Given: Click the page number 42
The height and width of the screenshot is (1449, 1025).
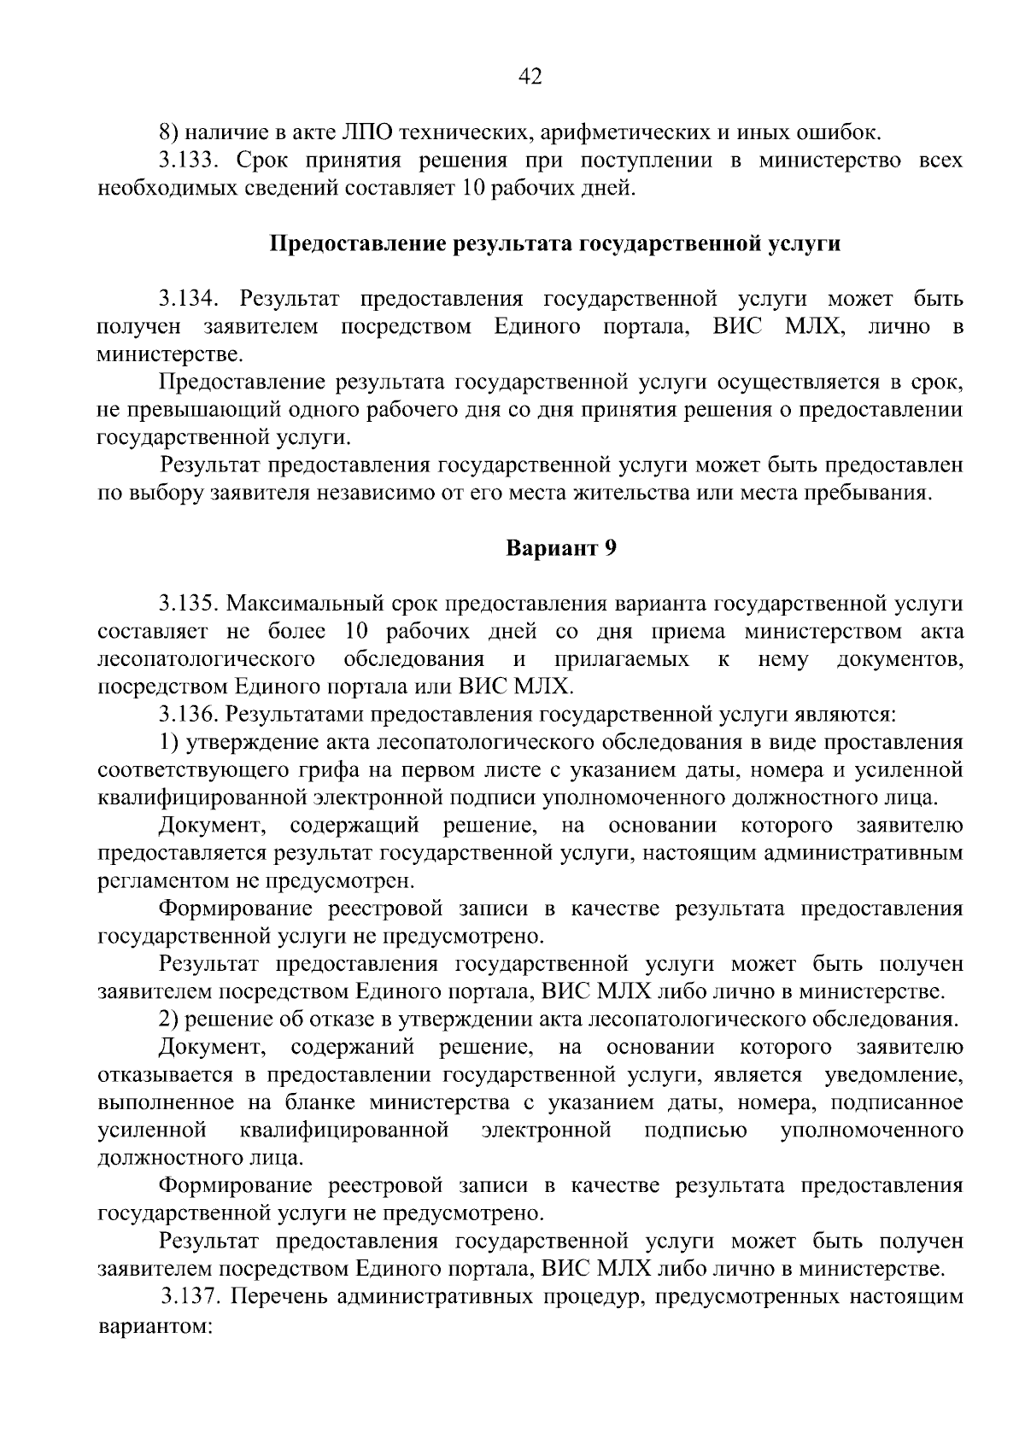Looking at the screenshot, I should (530, 78).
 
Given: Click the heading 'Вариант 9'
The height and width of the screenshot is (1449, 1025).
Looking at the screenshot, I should (561, 548).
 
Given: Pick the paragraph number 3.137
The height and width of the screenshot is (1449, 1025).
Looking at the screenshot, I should (193, 1296).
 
